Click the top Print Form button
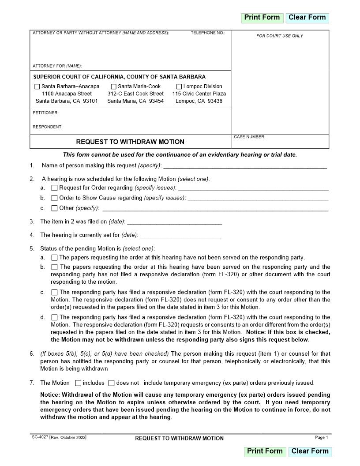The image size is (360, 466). click(262, 18)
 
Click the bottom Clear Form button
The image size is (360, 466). click(310, 451)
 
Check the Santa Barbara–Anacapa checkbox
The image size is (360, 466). click(37, 87)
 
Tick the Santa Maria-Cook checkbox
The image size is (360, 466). click(113, 87)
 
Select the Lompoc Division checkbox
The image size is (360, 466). click(179, 87)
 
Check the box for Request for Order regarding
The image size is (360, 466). click(55, 188)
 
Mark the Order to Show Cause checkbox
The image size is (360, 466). click(55, 198)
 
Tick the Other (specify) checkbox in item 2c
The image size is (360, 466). click(55, 208)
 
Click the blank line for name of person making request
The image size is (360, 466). click(245, 166)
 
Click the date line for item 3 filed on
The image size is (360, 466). click(174, 222)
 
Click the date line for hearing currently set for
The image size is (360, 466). click(180, 235)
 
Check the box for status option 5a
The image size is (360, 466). click(55, 257)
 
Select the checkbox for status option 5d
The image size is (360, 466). click(55, 317)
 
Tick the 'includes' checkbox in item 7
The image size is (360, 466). click(78, 383)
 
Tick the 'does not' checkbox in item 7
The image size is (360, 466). click(111, 383)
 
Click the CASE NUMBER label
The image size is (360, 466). click(249, 137)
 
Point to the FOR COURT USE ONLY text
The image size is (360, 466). click(280, 36)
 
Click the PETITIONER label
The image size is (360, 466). click(45, 113)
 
